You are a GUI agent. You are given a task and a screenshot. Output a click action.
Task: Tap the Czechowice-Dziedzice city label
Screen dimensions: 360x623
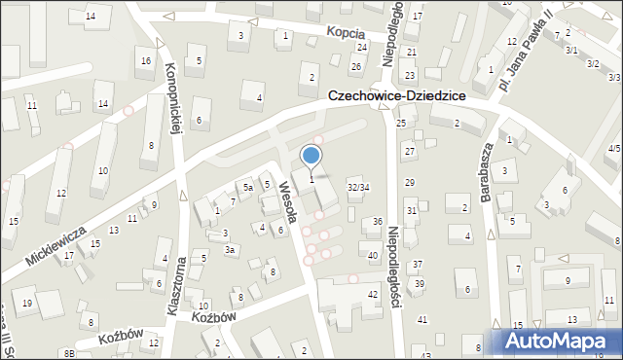(396, 97)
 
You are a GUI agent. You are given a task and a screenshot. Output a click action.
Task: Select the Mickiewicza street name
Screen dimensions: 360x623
(56, 243)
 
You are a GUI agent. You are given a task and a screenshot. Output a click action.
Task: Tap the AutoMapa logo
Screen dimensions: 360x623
(561, 342)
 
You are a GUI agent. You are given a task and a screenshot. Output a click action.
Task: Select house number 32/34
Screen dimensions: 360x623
(358, 187)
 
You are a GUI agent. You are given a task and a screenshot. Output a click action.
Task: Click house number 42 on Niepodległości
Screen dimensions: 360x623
(372, 294)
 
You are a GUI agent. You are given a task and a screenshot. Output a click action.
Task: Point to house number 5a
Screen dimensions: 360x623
(248, 187)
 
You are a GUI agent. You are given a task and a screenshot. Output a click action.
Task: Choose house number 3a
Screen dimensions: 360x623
(231, 250)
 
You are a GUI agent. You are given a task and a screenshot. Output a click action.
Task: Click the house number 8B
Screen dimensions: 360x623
(69, 353)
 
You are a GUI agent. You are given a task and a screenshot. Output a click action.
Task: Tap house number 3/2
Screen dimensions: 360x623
(593, 63)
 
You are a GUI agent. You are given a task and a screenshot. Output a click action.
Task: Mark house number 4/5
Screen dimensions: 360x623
(613, 148)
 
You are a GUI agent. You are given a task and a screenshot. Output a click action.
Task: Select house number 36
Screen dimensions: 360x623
(378, 223)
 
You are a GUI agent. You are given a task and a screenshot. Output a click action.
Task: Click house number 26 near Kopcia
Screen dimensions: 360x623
(356, 66)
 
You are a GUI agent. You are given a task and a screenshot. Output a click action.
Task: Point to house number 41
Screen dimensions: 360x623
(422, 319)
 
